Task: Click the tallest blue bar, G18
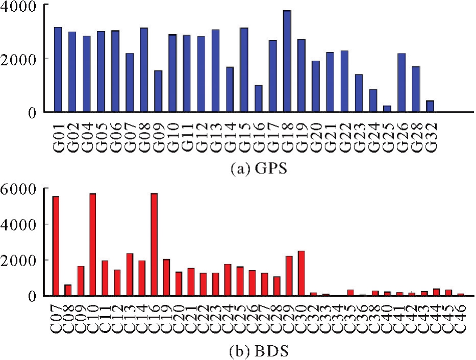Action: pos(287,61)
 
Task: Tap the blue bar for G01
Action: pos(58,69)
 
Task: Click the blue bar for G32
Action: pos(430,106)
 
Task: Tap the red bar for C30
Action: pos(301,273)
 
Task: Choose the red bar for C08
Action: pos(68,290)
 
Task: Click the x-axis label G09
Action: pos(159,134)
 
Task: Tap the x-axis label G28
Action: pos(416,134)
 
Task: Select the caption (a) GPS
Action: pos(238,168)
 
